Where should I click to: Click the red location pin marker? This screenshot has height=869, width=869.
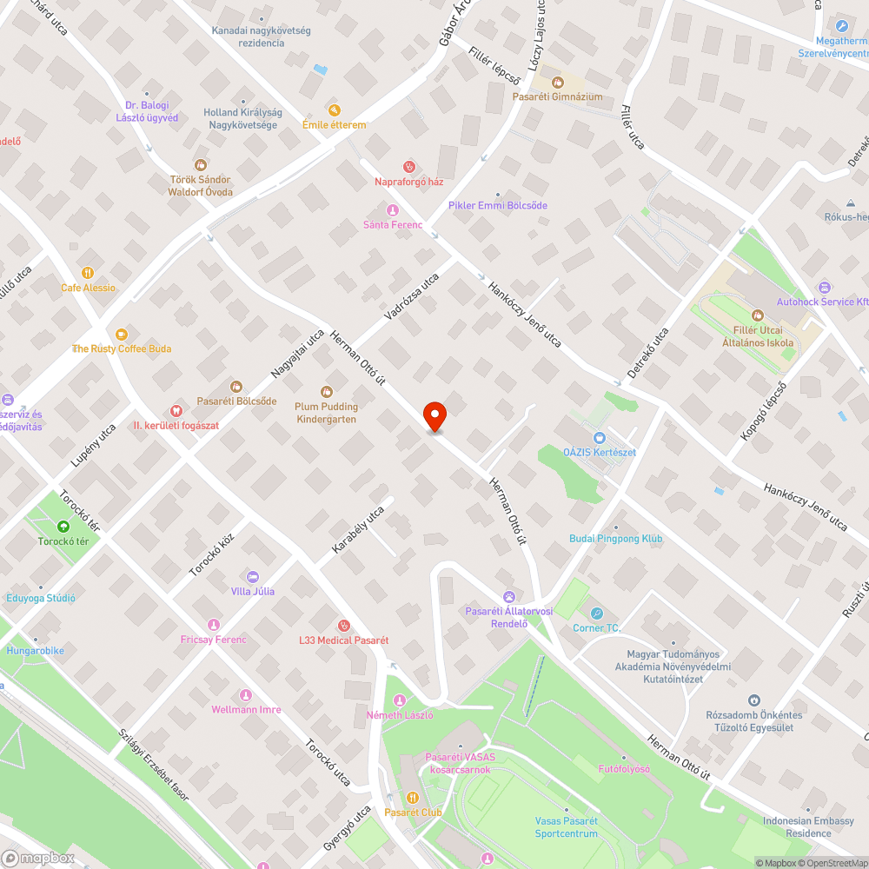click(434, 416)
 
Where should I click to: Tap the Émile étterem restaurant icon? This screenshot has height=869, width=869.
click(335, 110)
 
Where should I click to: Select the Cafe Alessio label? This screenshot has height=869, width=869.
click(88, 288)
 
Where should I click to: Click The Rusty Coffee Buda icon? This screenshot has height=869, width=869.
click(122, 334)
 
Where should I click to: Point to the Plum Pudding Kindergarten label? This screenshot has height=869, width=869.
click(327, 413)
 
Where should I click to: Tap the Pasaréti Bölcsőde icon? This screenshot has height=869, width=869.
click(236, 386)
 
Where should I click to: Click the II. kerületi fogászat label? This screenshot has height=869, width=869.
click(176, 426)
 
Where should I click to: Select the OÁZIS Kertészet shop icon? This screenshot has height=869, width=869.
click(599, 438)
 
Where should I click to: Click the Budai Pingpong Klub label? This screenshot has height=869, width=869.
click(616, 539)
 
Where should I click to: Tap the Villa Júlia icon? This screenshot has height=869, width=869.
click(253, 576)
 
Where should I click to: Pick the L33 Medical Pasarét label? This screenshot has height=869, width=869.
click(343, 640)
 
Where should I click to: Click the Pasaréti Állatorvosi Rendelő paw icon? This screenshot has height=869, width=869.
click(509, 596)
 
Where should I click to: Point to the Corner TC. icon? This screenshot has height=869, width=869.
click(597, 614)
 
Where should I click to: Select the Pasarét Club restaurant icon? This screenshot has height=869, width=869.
click(413, 797)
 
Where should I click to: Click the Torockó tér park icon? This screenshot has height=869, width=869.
click(63, 527)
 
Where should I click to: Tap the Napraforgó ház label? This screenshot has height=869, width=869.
click(409, 182)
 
